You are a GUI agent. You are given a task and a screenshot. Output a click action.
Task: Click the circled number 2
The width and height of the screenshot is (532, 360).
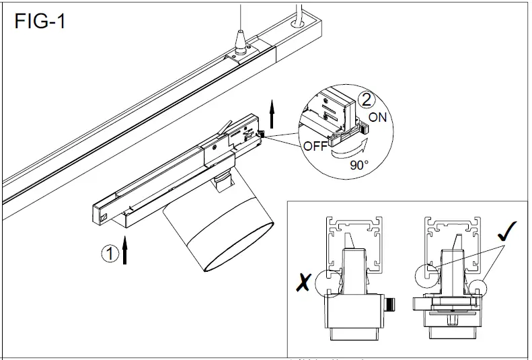click(366, 101)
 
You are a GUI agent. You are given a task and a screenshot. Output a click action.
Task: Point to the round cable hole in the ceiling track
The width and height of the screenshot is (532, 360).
click(295, 22)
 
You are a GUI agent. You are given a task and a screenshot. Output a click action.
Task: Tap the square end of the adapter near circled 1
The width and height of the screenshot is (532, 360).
click(102, 215)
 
